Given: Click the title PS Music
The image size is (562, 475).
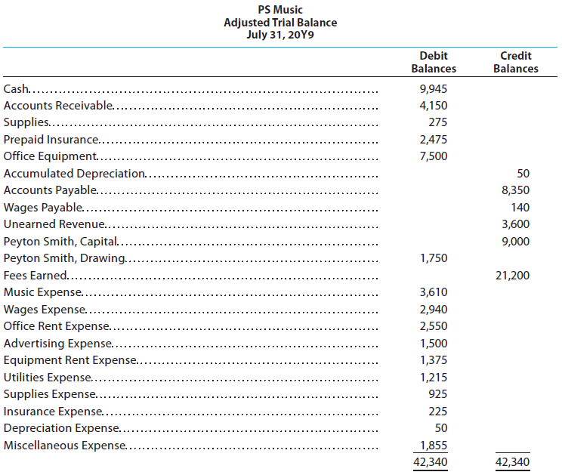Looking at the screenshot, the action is (x=280, y=10).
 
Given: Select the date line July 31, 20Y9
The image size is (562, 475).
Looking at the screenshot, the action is (x=280, y=35).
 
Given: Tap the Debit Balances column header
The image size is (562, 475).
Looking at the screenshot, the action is (x=434, y=62).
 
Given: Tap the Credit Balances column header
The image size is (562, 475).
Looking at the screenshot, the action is (x=516, y=62).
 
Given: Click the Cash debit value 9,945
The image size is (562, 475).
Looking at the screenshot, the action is (x=434, y=89).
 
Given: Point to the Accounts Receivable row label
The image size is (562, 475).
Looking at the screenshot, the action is (x=58, y=105).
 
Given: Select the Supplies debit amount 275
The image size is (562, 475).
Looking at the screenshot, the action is (x=437, y=122).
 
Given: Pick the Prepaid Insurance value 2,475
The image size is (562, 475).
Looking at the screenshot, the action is (x=434, y=140).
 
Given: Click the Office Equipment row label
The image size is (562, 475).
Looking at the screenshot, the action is (x=50, y=156).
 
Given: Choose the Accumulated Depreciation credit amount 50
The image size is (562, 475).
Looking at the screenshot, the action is (x=523, y=174).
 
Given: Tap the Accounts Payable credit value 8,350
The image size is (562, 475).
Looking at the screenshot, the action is (x=515, y=190).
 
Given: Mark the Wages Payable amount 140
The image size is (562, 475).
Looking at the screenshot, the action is (x=520, y=208).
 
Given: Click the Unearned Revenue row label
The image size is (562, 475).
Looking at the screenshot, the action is (x=54, y=224).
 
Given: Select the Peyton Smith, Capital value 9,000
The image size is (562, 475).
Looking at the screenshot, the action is (x=515, y=242).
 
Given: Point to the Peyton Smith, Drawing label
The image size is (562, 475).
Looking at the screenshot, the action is (x=64, y=258).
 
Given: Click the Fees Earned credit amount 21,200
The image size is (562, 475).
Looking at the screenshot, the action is (x=513, y=276).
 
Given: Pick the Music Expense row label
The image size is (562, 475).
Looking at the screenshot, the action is (x=43, y=292).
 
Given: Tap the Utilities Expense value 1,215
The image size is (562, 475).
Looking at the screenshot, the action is (x=434, y=378).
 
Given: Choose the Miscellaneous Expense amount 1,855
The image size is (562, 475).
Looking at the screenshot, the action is (x=434, y=446).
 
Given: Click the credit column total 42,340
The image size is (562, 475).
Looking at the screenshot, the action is (x=513, y=462).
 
